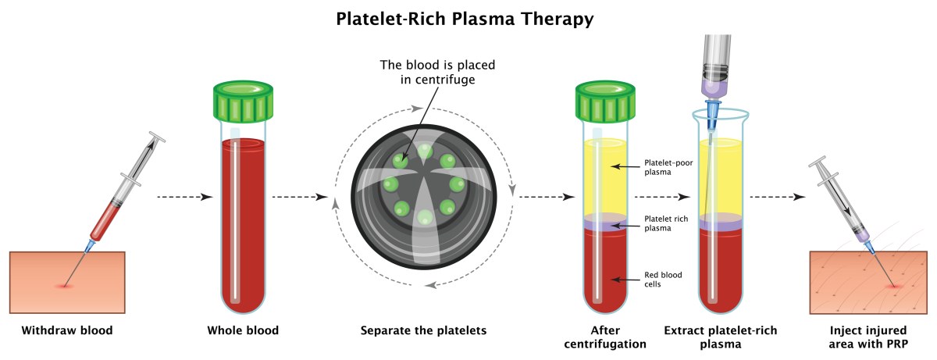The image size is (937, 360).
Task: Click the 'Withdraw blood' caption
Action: (x=67, y=330)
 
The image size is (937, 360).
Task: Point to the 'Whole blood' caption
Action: (x=243, y=330)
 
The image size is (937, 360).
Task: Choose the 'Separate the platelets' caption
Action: (x=423, y=330)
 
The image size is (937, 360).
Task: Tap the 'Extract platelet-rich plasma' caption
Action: (x=720, y=337)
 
